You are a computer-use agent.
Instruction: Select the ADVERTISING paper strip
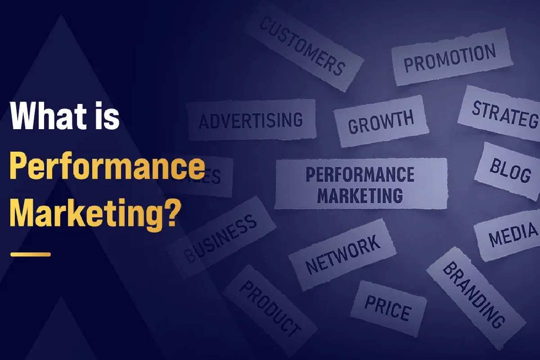251,120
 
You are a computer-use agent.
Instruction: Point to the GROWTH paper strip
381,121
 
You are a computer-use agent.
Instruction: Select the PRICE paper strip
388,308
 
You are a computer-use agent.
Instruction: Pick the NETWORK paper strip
342,254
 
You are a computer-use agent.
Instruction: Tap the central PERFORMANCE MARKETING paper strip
360,184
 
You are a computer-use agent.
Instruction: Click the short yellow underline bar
31,254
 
